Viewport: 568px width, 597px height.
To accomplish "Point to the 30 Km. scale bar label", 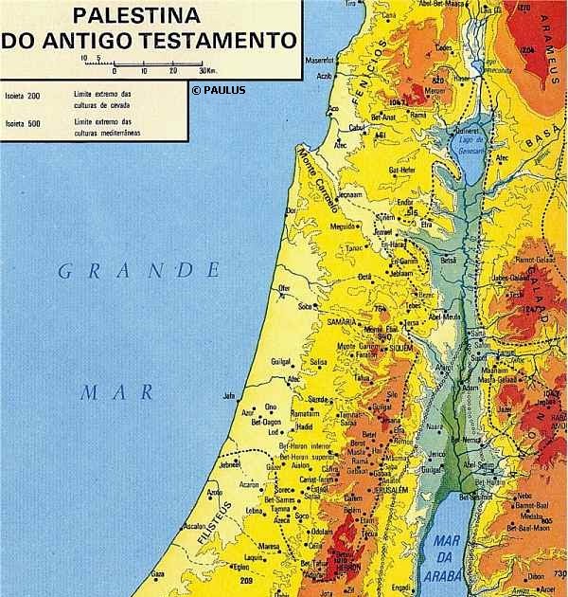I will tap(207, 71).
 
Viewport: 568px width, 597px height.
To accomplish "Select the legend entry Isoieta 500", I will tap(21, 121).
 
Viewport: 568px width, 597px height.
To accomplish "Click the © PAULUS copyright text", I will tap(218, 90).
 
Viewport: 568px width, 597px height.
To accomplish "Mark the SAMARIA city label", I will tap(342, 323).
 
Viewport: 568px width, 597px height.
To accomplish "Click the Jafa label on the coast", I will tap(227, 396).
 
